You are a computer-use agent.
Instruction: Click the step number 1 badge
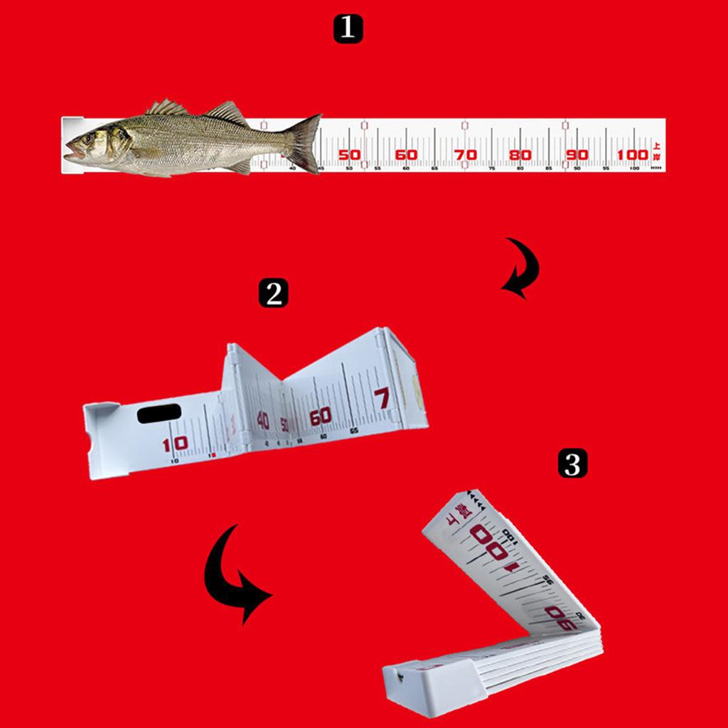pos(348,29)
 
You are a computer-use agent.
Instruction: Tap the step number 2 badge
pos(273,292)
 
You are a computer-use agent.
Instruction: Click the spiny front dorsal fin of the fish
pos(167,108)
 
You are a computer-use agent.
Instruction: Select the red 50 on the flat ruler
pos(349,155)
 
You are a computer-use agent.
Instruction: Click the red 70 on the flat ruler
pos(464,155)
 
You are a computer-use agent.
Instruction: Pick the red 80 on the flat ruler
pos(520,155)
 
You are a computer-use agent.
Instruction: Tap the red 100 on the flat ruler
pos(632,155)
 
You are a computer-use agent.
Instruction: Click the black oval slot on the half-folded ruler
pos(159,413)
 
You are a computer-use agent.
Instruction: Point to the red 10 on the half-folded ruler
pos(175,444)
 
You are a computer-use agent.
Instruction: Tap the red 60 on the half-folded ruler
pos(320,416)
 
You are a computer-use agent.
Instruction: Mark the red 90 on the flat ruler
pos(577,155)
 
